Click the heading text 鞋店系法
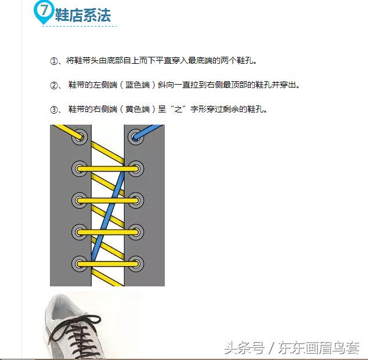[x=83, y=16]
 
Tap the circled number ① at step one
[x=55, y=60]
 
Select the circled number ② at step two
[x=55, y=85]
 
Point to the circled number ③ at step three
[x=55, y=109]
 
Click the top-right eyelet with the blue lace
[x=136, y=138]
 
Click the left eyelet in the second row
[x=79, y=169]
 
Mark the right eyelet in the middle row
[x=136, y=201]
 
